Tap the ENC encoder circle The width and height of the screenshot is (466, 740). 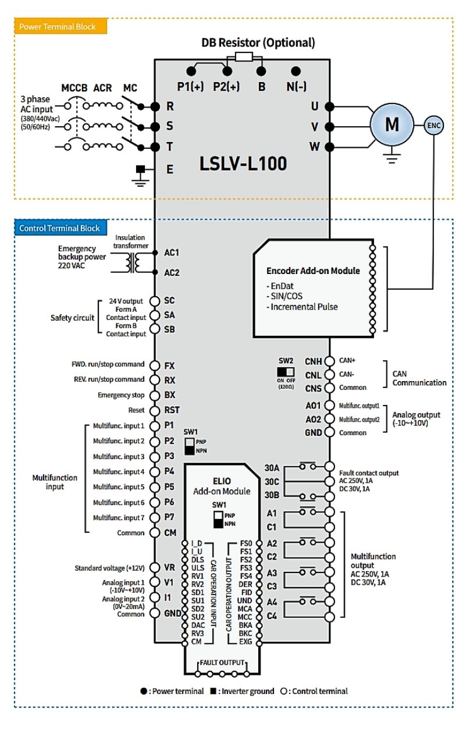click(434, 125)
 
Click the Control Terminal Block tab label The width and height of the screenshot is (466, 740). click(59, 228)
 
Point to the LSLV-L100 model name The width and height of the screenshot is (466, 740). click(243, 163)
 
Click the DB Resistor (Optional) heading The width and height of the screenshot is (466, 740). click(258, 42)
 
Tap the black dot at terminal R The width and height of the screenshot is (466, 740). click(155, 106)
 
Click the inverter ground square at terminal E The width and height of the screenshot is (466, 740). click(140, 169)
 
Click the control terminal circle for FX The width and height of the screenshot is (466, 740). click(155, 366)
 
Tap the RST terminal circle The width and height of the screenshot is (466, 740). click(155, 411)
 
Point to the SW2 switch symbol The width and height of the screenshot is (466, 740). click(285, 371)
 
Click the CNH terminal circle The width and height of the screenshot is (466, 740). click(329, 361)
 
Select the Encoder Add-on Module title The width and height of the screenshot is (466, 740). click(313, 271)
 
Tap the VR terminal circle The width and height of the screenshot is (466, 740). click(155, 568)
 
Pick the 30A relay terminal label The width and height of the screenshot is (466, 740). click(272, 467)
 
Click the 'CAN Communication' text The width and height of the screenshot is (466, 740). click(419, 378)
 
